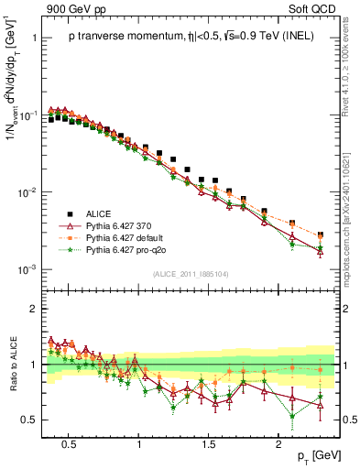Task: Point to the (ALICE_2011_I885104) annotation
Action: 191,272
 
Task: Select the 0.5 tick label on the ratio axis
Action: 34,420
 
